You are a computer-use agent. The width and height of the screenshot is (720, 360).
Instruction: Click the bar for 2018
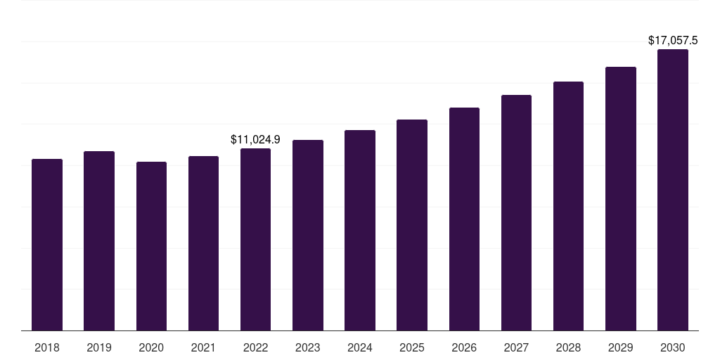[47, 245]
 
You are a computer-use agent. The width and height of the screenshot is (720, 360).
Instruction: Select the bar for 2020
[151, 246]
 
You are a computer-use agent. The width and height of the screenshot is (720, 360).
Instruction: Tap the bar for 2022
[255, 239]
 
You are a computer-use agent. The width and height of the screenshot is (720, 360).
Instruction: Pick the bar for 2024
[360, 230]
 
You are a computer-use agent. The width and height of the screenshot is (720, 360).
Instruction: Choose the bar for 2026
[464, 219]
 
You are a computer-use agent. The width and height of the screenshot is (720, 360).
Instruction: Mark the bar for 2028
[568, 206]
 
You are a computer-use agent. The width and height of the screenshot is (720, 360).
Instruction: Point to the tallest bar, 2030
[672, 190]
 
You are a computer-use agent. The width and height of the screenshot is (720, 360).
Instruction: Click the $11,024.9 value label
[255, 139]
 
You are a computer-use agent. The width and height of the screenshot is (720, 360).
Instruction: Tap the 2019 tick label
[99, 347]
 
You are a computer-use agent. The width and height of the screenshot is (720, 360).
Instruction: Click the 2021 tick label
[203, 347]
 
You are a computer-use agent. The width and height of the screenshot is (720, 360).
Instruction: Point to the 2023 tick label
[308, 347]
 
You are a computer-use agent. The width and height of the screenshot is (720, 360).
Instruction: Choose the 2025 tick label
[412, 347]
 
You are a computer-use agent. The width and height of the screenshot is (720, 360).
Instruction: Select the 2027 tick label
[516, 347]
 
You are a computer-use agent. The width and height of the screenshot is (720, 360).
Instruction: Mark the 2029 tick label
[620, 347]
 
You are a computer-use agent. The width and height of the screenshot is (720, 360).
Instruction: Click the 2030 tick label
[672, 347]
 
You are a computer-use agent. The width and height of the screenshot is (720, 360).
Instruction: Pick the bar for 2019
[99, 240]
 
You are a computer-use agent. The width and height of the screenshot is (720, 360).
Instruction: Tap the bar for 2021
[203, 243]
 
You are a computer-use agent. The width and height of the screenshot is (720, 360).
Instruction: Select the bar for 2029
[620, 198]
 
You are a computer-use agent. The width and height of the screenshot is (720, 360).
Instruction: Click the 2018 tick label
[47, 347]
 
